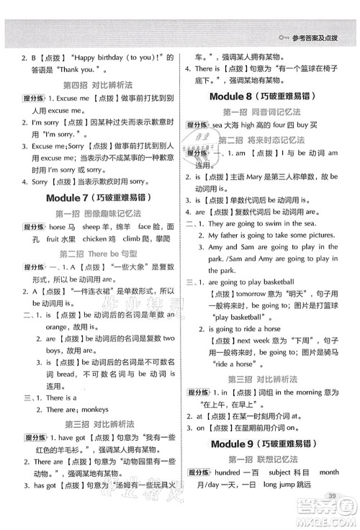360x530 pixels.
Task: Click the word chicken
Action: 109,238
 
